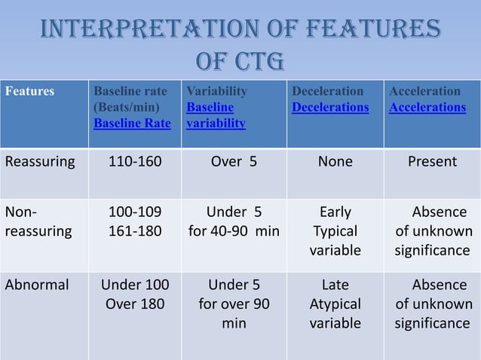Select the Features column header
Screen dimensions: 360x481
pyautogui.click(x=29, y=91)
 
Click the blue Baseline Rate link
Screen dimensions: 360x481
pyautogui.click(x=131, y=123)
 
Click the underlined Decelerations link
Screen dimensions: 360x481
pyautogui.click(x=330, y=107)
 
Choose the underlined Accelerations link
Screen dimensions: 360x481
pyautogui.click(x=427, y=107)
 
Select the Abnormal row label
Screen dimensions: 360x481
pyautogui.click(x=37, y=285)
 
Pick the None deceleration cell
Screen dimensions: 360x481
pyautogui.click(x=335, y=161)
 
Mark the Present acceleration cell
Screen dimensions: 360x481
pyautogui.click(x=432, y=161)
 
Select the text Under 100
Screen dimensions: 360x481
pyautogui.click(x=136, y=285)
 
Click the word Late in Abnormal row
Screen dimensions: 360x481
pyautogui.click(x=335, y=285)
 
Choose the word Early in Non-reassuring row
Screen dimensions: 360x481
pyautogui.click(x=335, y=212)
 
